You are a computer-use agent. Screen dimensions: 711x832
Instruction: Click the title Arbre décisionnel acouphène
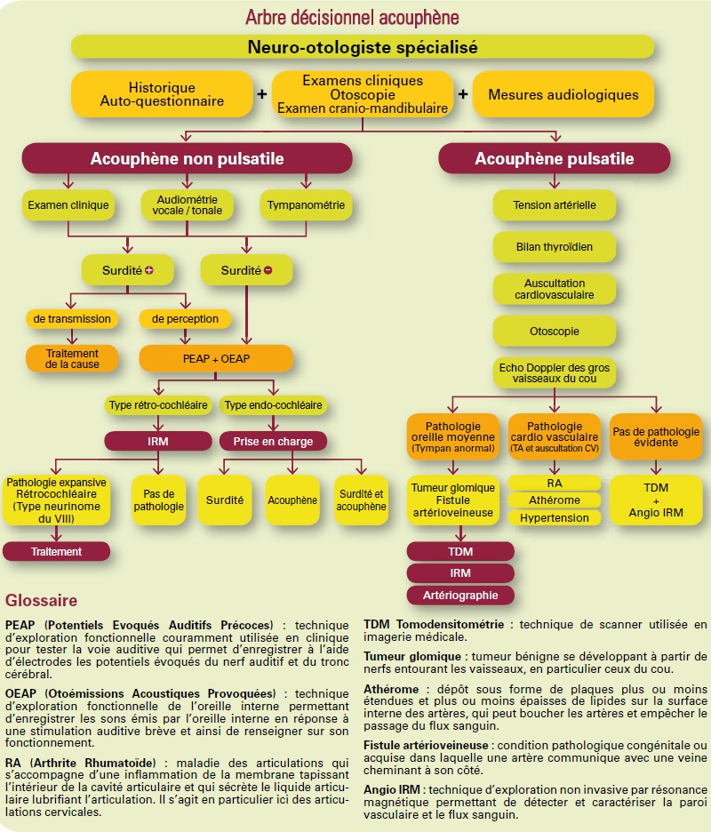click(x=352, y=18)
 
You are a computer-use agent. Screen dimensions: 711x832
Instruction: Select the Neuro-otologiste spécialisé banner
click(x=363, y=47)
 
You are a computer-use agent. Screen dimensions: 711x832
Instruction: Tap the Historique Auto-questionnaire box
click(x=162, y=94)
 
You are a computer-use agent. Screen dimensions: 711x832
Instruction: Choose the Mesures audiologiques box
click(x=563, y=94)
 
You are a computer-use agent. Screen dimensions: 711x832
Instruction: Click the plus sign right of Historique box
click(x=261, y=94)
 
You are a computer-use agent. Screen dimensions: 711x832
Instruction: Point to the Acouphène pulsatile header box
click(x=555, y=158)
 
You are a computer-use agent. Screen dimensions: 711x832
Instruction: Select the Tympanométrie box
click(x=306, y=204)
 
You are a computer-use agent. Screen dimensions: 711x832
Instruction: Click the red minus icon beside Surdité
click(x=268, y=270)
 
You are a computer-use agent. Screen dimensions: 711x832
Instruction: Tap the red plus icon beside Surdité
click(x=149, y=270)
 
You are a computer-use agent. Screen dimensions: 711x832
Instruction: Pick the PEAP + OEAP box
click(x=216, y=359)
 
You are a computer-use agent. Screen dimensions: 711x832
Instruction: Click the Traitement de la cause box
click(x=72, y=359)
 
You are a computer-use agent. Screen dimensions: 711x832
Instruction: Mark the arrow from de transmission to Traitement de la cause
click(x=72, y=337)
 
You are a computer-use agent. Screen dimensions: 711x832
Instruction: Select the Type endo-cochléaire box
click(x=273, y=404)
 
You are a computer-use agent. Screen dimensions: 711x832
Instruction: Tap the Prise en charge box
click(x=273, y=442)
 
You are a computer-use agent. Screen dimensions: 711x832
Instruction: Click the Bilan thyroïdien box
click(x=555, y=247)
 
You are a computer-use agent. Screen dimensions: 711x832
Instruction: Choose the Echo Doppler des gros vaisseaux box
click(x=555, y=373)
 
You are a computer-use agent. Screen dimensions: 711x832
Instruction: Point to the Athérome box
click(x=555, y=500)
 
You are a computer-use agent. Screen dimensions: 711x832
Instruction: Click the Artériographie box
click(x=460, y=596)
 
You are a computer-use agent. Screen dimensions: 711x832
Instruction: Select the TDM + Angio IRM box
click(x=656, y=500)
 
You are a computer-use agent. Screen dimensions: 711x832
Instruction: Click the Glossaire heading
click(x=42, y=601)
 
